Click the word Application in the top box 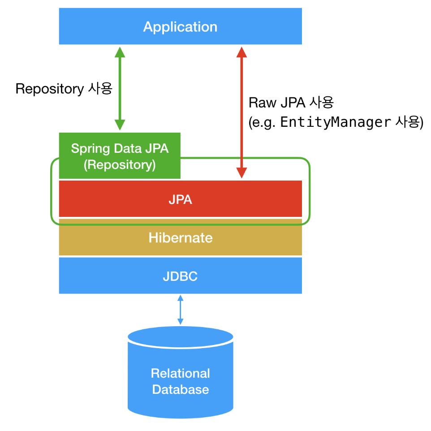(180, 27)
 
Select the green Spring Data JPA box (120, 155)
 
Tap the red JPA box (180, 199)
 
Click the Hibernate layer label (181, 238)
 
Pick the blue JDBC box (180, 276)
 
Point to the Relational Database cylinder (180, 372)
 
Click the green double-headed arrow (120, 89)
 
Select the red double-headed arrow (241, 112)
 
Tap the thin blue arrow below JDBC (180, 310)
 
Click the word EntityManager (336, 122)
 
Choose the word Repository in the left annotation (50, 89)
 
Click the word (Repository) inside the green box (120, 165)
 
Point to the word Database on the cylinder (181, 389)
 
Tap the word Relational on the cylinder (180, 373)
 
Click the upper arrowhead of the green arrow (120, 52)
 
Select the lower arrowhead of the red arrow (241, 173)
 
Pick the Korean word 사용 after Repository (100, 89)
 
